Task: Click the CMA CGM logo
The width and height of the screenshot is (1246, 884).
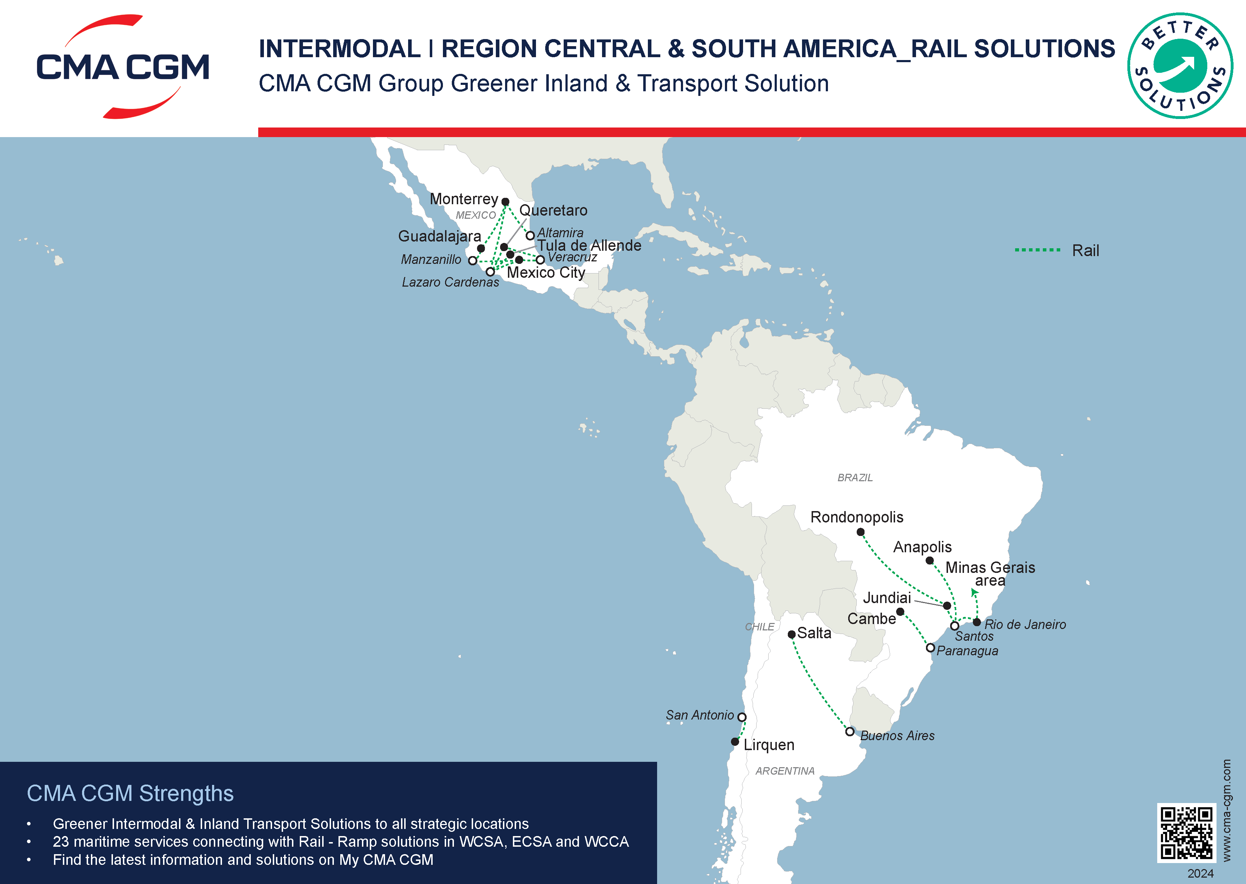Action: point(123,66)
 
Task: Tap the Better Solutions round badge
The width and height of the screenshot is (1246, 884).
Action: point(1180,66)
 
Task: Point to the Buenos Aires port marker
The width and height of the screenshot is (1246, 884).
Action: point(850,732)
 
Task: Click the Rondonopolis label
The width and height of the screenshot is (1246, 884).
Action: point(856,517)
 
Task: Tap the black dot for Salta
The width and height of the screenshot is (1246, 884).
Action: point(791,635)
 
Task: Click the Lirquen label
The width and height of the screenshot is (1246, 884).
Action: point(769,745)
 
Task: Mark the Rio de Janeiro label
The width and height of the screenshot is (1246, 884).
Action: point(1025,624)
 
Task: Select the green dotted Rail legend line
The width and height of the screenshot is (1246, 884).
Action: point(1038,250)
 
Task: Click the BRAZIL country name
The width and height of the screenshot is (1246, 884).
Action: point(855,477)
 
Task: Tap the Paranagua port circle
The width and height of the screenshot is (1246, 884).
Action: point(930,648)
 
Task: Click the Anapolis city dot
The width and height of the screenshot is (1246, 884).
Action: point(930,560)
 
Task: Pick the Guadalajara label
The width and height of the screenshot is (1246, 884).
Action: point(439,236)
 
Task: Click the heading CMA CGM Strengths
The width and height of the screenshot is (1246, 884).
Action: point(130,793)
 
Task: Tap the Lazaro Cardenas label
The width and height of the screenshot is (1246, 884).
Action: point(450,282)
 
